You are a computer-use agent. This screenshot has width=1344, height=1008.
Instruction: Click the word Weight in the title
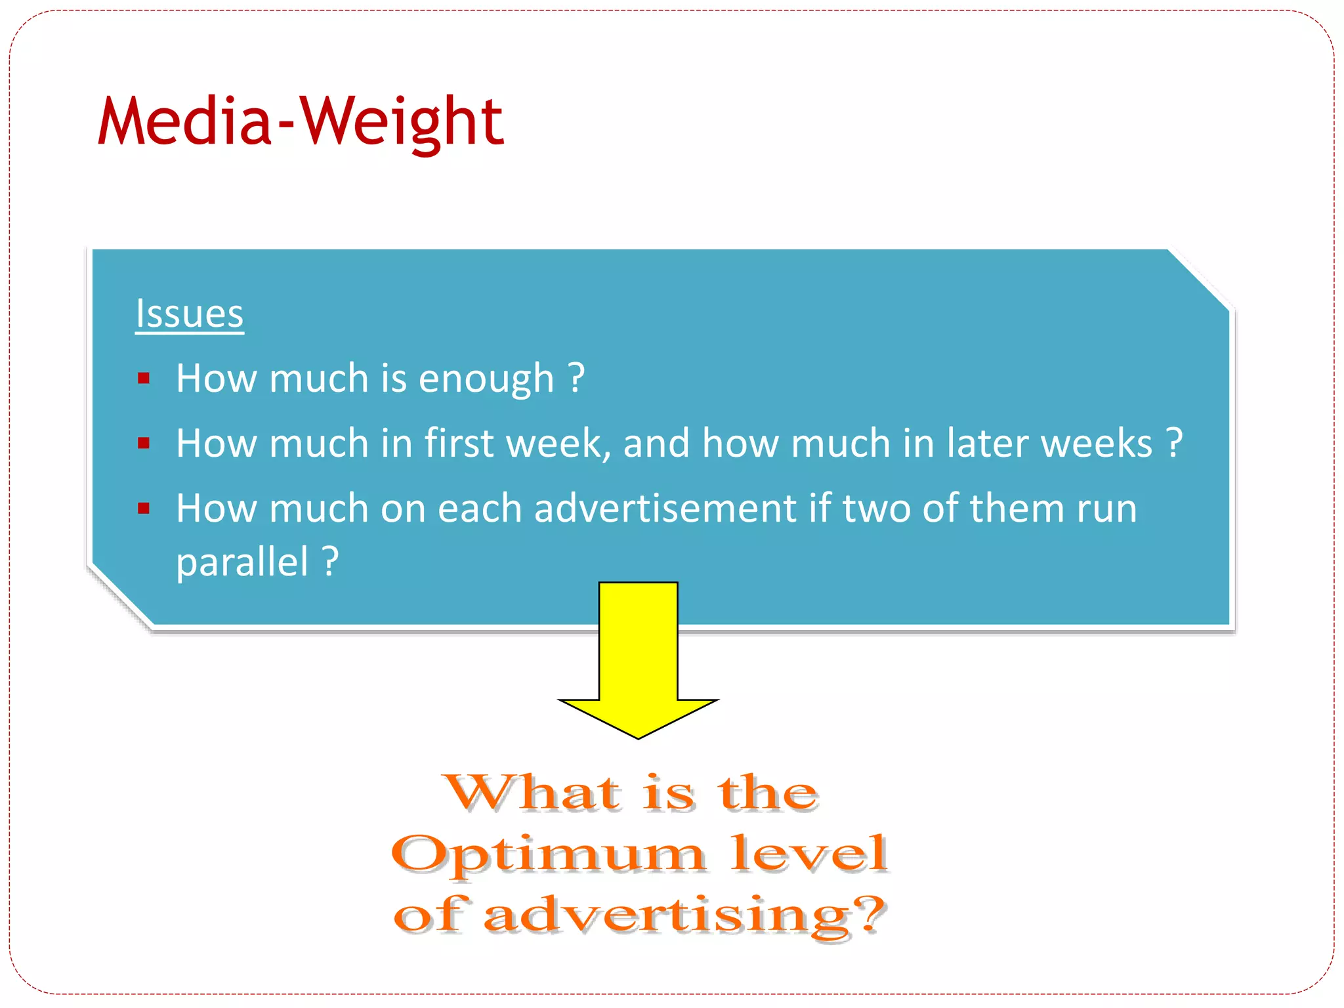click(402, 123)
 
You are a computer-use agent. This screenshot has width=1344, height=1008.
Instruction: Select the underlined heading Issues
click(189, 314)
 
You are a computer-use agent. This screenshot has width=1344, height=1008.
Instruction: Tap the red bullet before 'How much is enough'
click(144, 379)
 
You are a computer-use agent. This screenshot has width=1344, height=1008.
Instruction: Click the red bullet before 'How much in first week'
click(144, 444)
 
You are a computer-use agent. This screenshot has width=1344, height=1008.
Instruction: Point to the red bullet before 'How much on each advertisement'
click(144, 508)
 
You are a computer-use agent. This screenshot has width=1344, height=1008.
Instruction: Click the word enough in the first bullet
click(486, 379)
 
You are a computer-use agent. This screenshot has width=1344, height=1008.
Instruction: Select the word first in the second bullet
click(459, 443)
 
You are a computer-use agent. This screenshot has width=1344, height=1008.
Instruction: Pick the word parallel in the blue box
click(242, 562)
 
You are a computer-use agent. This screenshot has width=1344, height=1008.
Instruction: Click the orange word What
click(532, 793)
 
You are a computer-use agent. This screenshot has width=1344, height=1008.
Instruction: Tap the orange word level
click(809, 853)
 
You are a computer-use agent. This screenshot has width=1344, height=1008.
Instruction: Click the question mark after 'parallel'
click(331, 561)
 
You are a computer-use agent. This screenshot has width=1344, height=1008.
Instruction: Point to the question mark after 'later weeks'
click(1175, 443)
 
